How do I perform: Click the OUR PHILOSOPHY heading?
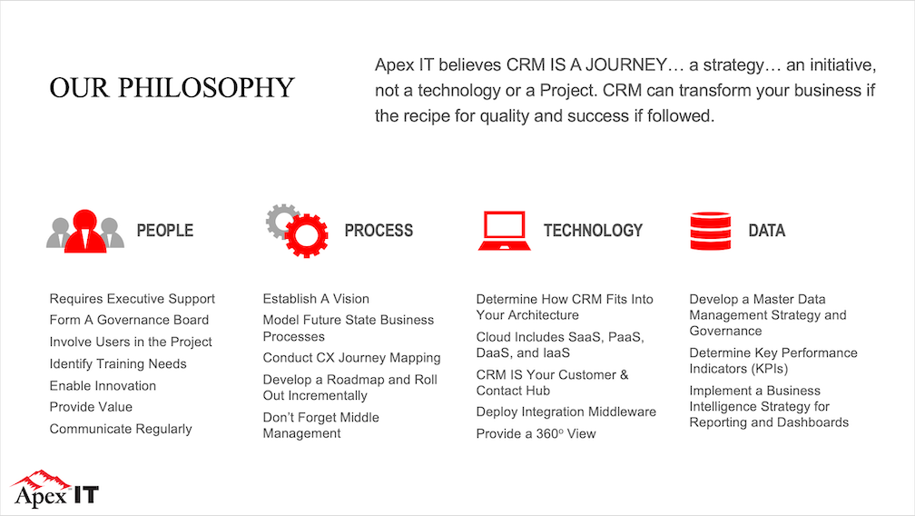click(x=172, y=88)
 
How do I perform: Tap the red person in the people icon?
click(x=85, y=232)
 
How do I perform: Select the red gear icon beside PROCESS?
click(x=307, y=235)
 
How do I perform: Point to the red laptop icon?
click(x=504, y=231)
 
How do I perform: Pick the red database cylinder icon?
click(x=710, y=231)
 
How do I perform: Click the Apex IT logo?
click(x=54, y=489)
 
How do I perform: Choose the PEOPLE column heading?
click(x=164, y=231)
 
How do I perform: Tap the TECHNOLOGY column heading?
click(x=593, y=231)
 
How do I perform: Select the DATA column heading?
click(x=766, y=231)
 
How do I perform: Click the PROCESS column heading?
click(x=379, y=231)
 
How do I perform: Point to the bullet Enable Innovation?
click(x=103, y=385)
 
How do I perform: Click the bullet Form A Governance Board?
click(x=129, y=320)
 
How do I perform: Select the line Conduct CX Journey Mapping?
click(x=351, y=358)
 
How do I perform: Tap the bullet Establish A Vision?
click(x=316, y=299)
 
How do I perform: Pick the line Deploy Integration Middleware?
click(x=566, y=412)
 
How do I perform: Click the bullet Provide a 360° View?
click(x=536, y=433)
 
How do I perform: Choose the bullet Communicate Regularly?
click(x=121, y=429)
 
